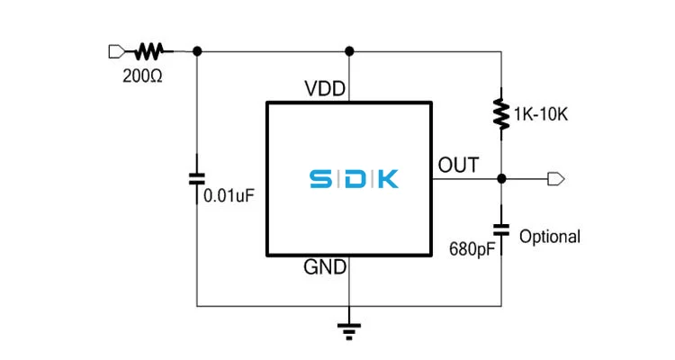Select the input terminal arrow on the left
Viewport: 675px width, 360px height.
(x=114, y=50)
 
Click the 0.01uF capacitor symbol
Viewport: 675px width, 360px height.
(x=196, y=179)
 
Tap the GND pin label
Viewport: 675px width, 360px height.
(x=326, y=267)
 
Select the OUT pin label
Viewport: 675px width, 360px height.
(x=458, y=165)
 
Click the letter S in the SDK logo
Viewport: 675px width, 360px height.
(x=319, y=179)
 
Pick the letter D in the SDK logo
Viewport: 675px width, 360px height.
(x=352, y=179)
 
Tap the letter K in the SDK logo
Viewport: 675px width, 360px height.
(x=384, y=179)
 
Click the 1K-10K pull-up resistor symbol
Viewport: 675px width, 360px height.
(x=500, y=112)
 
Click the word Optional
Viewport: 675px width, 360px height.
(x=550, y=237)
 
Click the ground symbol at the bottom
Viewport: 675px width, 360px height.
(x=348, y=330)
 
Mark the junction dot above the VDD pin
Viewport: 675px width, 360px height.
(x=348, y=50)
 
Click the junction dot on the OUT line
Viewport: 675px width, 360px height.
(x=500, y=179)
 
